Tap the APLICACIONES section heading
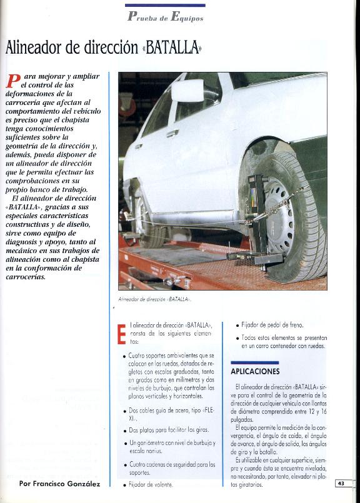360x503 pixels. click(x=254, y=371)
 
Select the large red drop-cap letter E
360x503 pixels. click(x=122, y=334)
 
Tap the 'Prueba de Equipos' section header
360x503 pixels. click(x=165, y=16)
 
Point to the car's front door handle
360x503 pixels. click(x=172, y=133)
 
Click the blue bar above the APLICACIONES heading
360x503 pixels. click(x=254, y=362)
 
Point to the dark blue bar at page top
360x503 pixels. click(x=165, y=5)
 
